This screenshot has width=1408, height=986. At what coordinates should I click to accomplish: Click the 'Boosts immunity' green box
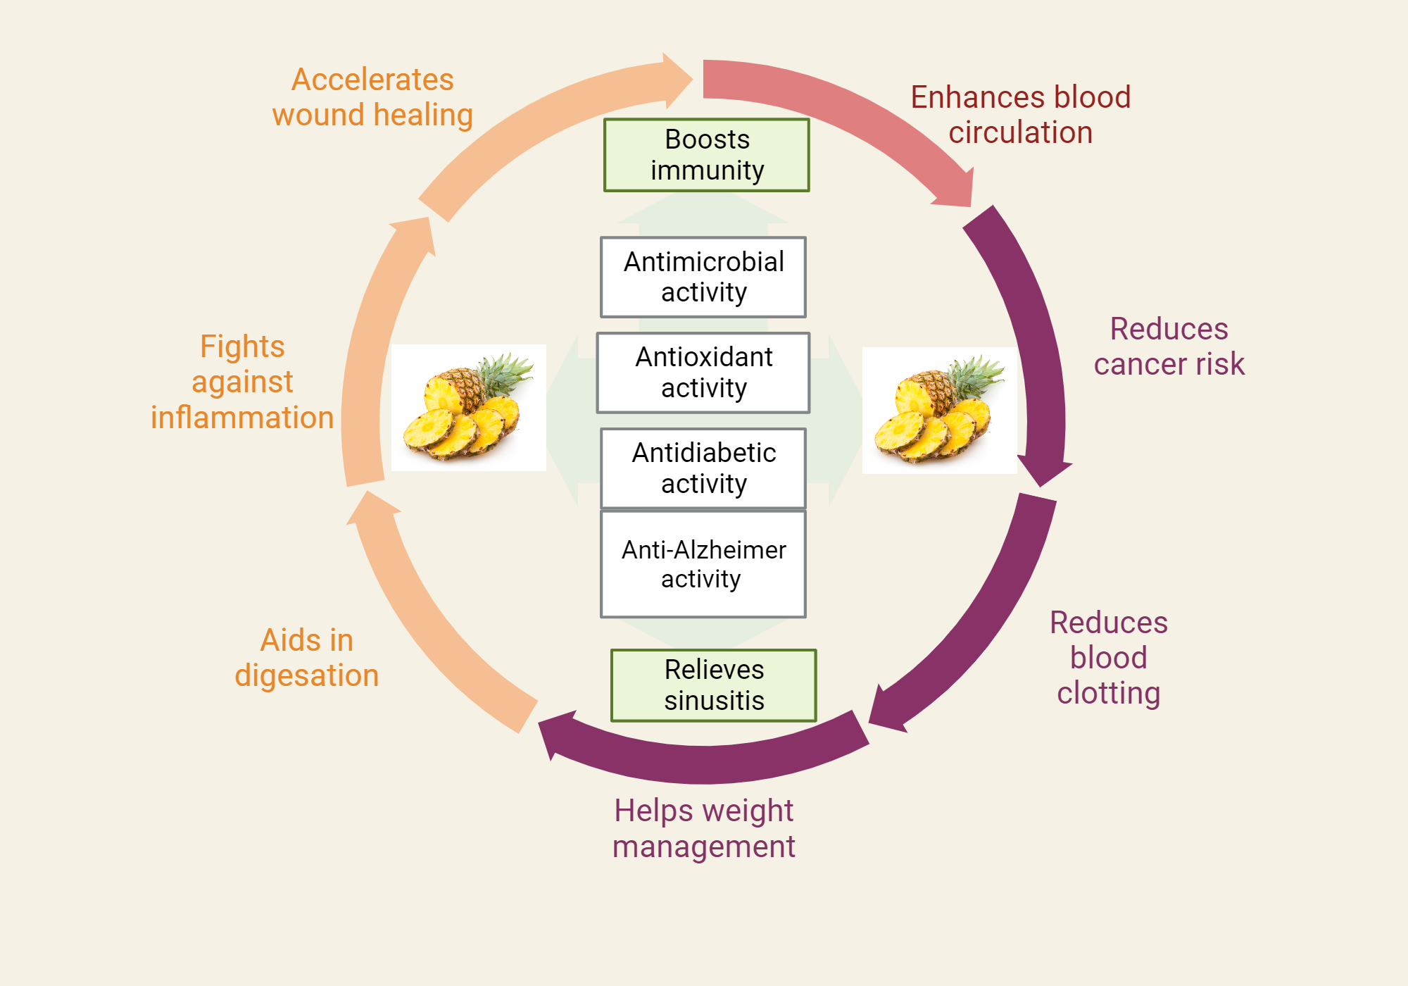[707, 155]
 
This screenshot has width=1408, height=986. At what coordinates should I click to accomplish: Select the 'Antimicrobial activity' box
[703, 277]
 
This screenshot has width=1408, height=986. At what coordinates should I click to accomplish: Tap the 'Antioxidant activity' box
[703, 373]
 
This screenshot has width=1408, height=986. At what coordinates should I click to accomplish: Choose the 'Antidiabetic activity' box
[703, 468]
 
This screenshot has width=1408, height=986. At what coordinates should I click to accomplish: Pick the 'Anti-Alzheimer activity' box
[703, 564]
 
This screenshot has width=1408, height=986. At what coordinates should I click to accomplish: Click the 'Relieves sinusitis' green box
[714, 685]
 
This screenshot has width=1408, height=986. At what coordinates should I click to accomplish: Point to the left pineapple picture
[469, 408]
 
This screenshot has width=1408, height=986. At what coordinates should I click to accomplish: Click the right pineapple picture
[939, 411]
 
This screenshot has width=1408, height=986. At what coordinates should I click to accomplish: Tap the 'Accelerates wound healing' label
[372, 97]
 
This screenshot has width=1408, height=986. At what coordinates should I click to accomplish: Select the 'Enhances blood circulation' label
[1021, 115]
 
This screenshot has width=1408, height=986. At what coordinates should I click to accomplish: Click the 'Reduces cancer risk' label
[1169, 347]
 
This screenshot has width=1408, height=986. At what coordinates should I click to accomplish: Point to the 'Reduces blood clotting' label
[1109, 658]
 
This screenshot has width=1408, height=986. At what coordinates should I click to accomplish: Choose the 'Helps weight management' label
[704, 828]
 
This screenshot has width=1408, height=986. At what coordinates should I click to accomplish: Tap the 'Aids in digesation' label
[307, 658]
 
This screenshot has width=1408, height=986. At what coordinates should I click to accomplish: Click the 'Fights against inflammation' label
[242, 382]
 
